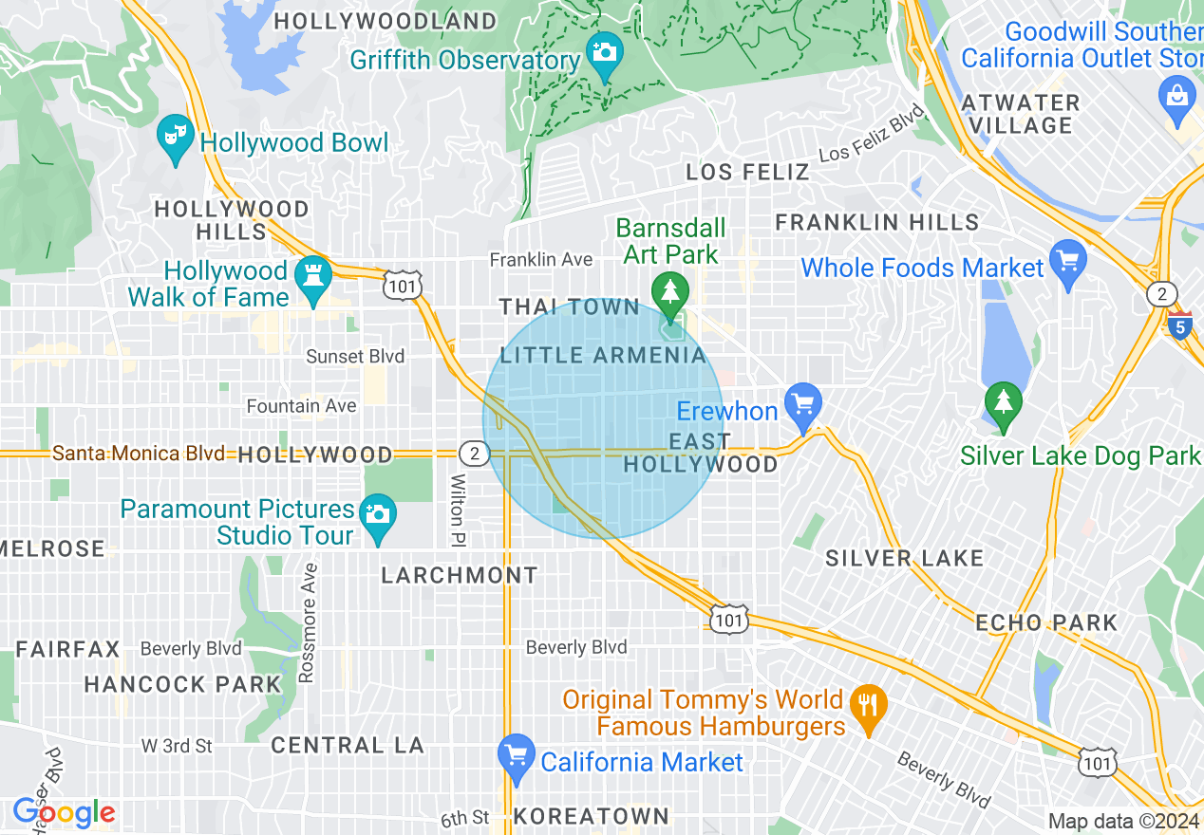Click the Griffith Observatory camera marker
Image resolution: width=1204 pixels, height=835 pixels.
tap(604, 50)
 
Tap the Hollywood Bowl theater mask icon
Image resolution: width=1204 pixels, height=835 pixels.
tap(175, 135)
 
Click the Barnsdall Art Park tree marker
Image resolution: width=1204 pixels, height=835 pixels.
tap(671, 289)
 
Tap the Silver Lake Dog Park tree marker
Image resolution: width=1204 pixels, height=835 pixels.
tap(1004, 402)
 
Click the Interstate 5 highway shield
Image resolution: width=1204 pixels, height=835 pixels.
tap(1179, 326)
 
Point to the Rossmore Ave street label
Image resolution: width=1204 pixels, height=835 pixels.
tap(307, 622)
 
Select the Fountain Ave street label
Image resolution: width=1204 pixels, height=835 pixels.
tap(301, 406)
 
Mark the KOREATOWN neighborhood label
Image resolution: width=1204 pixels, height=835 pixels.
tap(591, 816)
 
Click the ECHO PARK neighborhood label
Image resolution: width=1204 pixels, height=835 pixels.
tap(1046, 623)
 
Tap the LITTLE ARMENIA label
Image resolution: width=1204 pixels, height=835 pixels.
tap(603, 356)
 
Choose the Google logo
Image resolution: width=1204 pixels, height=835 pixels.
tap(64, 812)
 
